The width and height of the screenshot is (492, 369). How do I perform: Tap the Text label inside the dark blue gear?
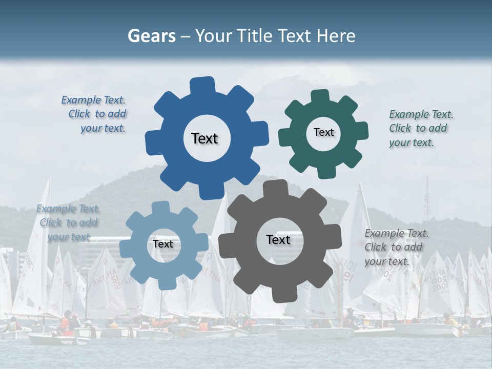point(204,138)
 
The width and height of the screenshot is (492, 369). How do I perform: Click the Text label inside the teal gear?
point(323,132)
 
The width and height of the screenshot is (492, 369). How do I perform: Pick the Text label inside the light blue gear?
point(163,244)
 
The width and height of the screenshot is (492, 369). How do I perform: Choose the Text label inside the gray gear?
point(278,239)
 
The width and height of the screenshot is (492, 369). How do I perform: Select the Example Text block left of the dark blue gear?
point(95,114)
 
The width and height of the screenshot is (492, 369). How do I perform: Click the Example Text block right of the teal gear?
point(420,129)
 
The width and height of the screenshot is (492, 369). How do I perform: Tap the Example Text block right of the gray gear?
point(396,248)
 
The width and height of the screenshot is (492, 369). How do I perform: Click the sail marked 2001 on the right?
point(440,284)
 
